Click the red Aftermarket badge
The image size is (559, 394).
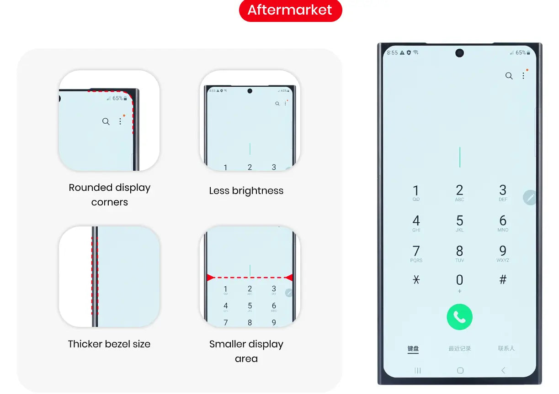290,10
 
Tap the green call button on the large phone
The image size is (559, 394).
459,317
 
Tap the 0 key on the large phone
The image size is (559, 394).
459,280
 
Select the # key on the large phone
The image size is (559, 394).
503,280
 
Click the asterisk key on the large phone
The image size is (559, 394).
416,280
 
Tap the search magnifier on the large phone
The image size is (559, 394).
509,76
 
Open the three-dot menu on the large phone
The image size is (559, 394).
523,76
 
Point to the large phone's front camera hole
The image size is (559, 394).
459,53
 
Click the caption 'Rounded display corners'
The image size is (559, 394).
110,194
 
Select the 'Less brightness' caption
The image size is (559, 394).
246,191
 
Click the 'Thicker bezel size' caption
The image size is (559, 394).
109,344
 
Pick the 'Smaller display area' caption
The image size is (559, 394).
246,351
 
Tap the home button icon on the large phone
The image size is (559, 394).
460,371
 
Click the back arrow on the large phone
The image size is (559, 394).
503,371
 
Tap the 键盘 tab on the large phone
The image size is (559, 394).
413,348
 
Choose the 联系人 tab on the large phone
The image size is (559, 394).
506,348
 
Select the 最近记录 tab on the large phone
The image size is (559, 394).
459,348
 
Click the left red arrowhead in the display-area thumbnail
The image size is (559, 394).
210,278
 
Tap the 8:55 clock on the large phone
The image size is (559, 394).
392,53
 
